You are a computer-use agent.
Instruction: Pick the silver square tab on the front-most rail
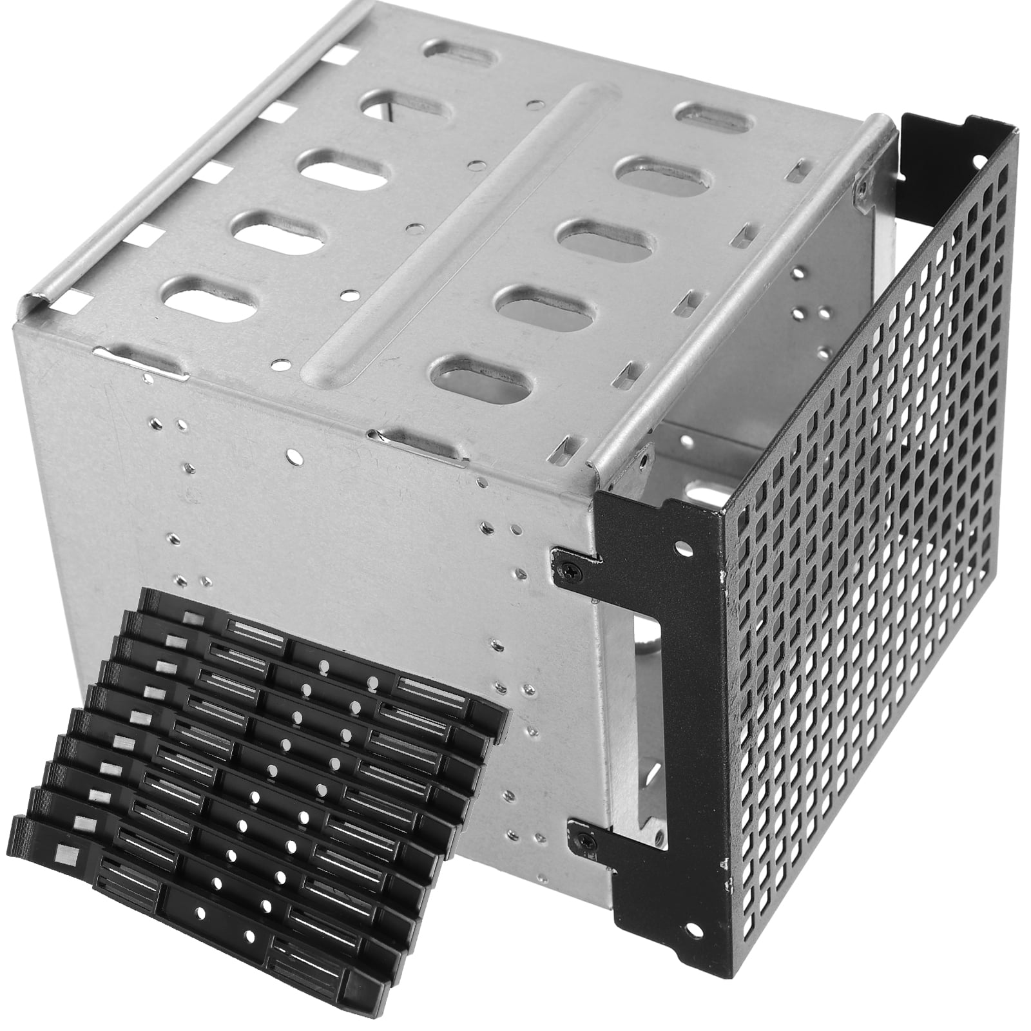tap(66, 855)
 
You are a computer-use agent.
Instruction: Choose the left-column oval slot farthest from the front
tap(463, 50)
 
